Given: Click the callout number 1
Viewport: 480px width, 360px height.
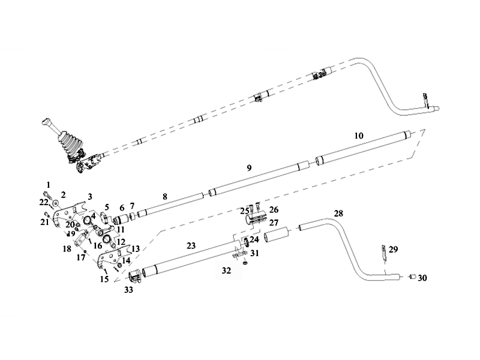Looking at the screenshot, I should tap(49, 184).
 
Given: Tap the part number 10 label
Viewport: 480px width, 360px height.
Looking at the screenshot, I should tap(359, 136).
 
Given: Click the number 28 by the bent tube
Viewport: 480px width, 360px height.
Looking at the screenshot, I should tap(338, 214).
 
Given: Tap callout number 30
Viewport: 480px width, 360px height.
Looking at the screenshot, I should tap(423, 278).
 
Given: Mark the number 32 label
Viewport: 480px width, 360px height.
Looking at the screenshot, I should tap(226, 271).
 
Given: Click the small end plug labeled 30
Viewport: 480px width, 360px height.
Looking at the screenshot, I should tap(412, 277).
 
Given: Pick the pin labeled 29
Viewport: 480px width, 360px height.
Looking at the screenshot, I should tap(382, 252).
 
